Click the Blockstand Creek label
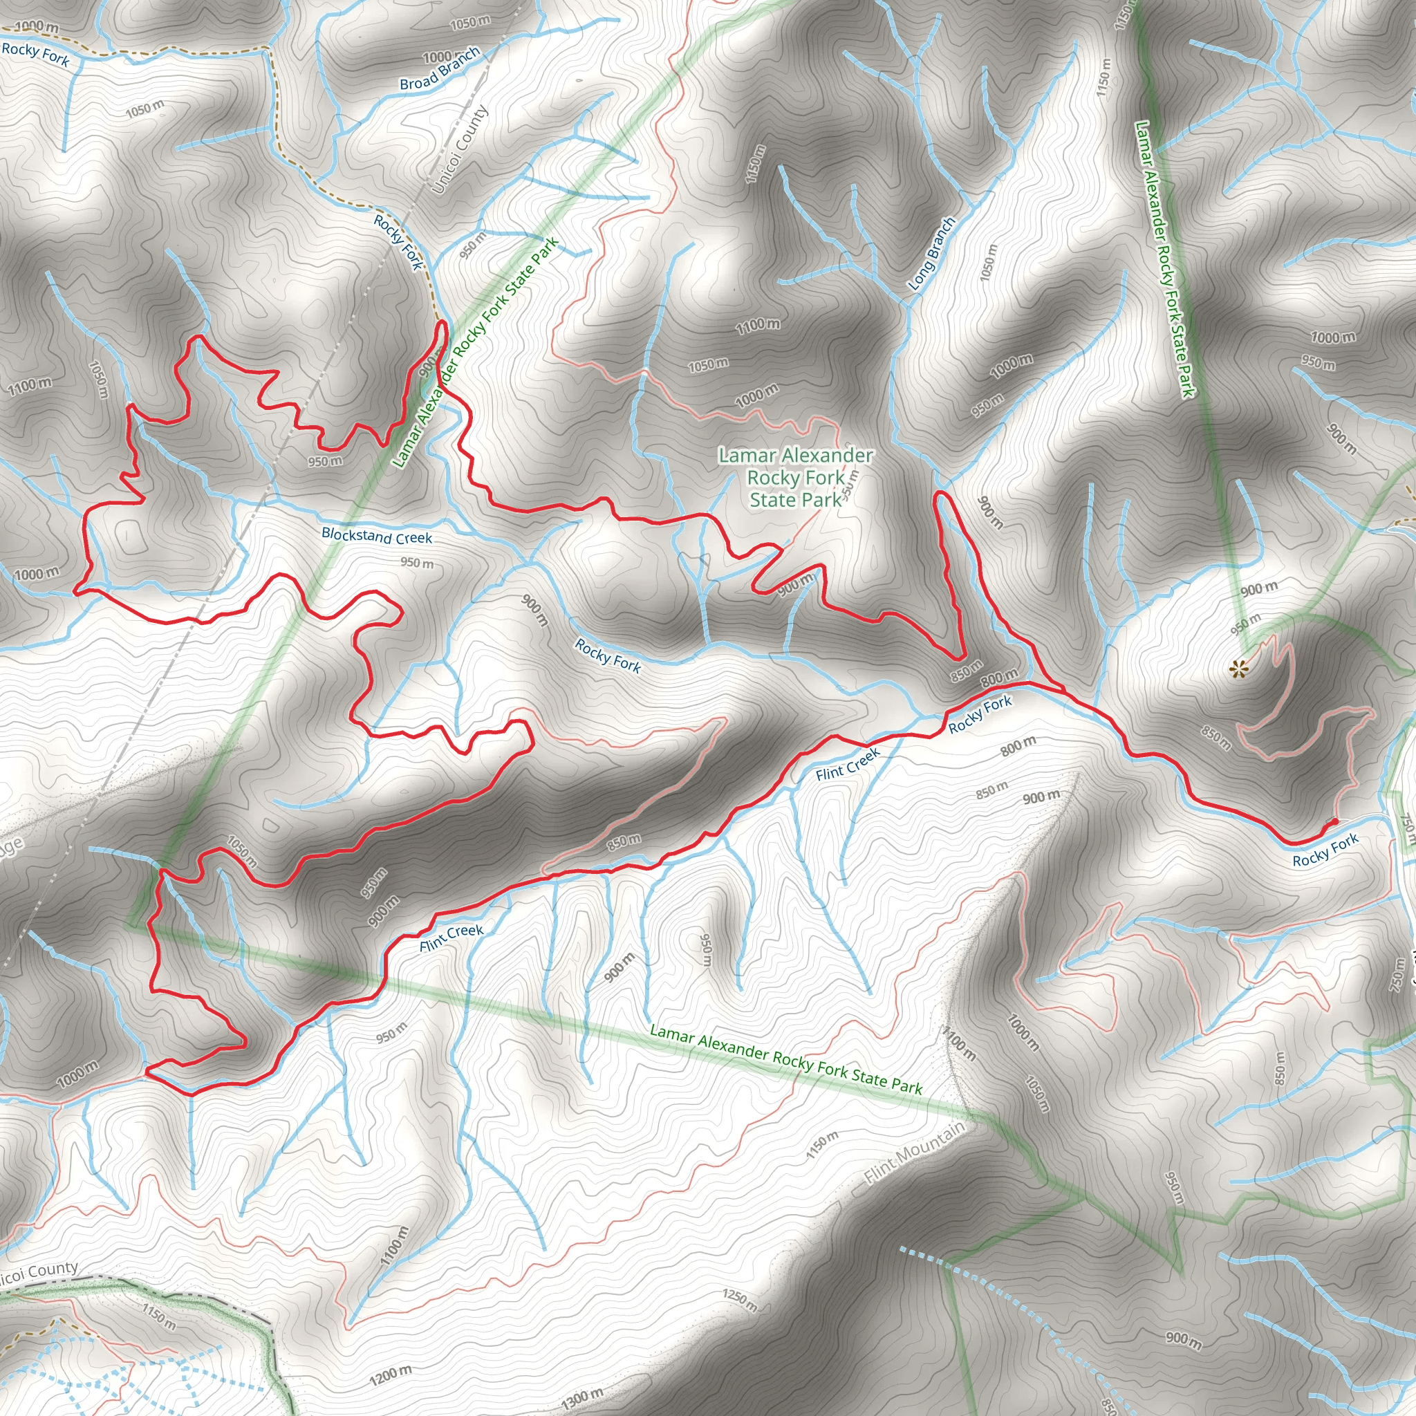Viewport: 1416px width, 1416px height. tap(377, 536)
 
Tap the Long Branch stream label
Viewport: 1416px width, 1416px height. tap(931, 254)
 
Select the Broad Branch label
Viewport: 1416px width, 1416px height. tap(440, 69)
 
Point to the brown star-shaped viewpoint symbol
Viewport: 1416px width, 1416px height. tap(1238, 668)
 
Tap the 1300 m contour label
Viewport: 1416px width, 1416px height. tap(583, 1397)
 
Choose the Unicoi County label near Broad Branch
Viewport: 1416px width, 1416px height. tap(460, 149)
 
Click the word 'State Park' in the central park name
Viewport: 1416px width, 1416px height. tap(796, 501)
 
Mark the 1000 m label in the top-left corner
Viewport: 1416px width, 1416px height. tap(37, 26)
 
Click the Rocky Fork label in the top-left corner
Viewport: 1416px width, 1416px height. tap(35, 53)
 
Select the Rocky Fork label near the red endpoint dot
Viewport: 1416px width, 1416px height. tap(1325, 850)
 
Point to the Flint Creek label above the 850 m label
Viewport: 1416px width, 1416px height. tap(847, 765)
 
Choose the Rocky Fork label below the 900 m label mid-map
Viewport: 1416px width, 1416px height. tap(608, 655)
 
